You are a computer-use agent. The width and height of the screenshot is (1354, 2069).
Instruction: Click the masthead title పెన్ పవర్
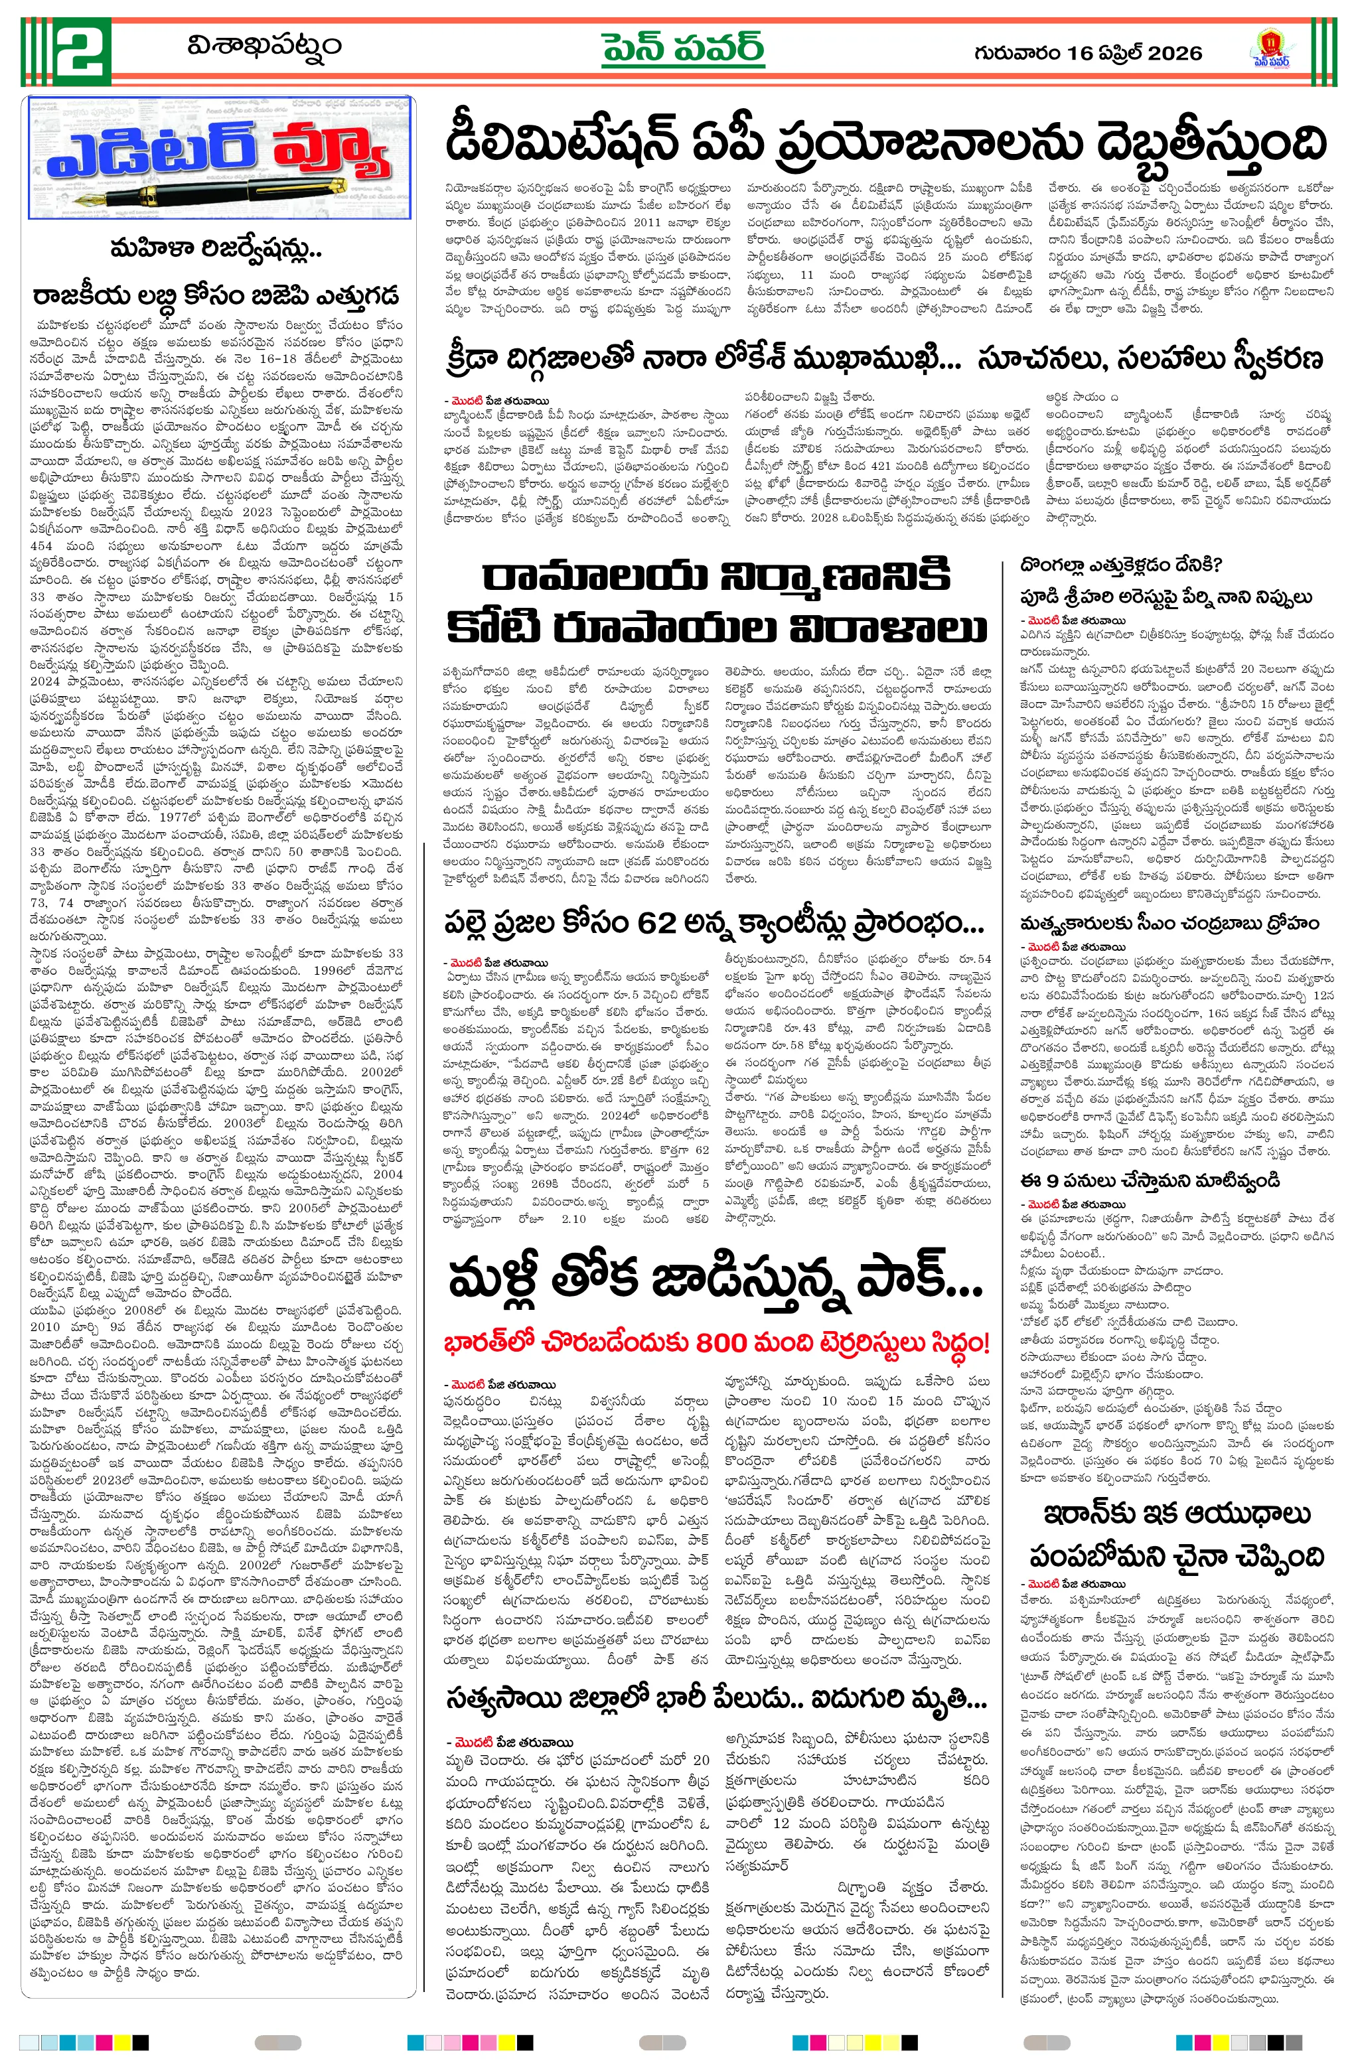point(684,48)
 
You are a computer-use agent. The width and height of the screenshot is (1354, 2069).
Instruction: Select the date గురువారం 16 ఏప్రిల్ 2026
point(1088,53)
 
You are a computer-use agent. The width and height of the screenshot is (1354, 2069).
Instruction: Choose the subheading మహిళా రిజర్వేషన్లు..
point(216,250)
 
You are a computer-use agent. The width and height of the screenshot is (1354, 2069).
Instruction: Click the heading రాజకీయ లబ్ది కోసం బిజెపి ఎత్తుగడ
point(216,294)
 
